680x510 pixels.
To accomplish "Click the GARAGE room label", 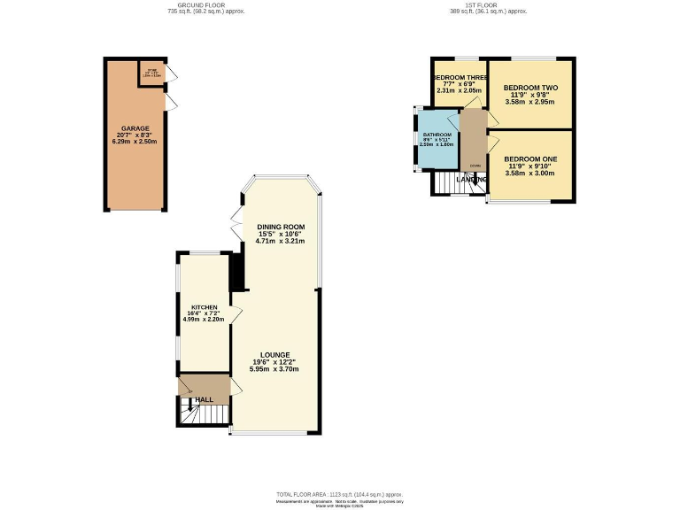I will (135, 127).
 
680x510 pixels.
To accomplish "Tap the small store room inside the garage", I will (151, 73).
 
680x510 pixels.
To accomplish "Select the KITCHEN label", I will (204, 307).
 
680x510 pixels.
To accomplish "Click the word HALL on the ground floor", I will (204, 400).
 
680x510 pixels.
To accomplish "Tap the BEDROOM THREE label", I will (459, 78).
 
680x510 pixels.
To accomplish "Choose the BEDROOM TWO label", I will (529, 89).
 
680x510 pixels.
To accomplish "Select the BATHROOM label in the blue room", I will (437, 135).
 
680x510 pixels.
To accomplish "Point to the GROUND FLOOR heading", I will (206, 5).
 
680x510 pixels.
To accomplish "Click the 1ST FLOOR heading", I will (489, 5).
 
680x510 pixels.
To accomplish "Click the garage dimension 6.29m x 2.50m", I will (135, 142).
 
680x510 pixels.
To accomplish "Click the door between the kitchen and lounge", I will (236, 315).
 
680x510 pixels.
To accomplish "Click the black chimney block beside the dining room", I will (236, 273).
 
